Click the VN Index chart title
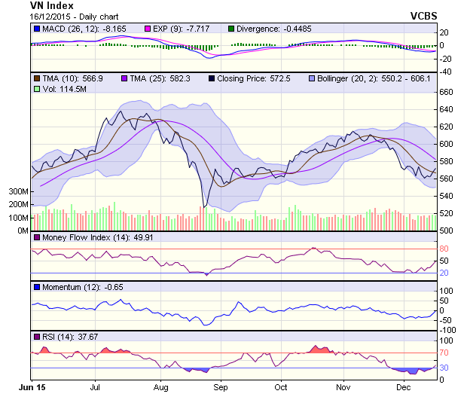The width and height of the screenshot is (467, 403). click(52, 5)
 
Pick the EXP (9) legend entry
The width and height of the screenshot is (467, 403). click(176, 29)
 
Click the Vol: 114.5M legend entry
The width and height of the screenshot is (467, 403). click(60, 89)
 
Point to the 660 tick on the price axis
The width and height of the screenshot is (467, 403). click(446, 92)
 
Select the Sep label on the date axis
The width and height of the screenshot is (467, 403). click(221, 387)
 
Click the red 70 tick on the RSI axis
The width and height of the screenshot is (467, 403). click(444, 352)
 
